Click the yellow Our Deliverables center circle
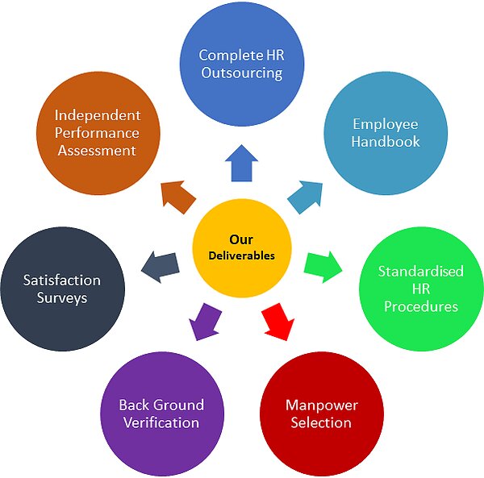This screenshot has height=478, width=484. click(242, 248)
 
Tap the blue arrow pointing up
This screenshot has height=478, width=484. click(241, 164)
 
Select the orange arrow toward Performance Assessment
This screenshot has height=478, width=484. click(177, 196)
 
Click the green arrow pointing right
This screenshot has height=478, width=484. click(323, 267)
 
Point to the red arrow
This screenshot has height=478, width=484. click(278, 322)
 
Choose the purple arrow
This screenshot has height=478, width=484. click(205, 322)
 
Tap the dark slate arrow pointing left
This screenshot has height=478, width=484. click(161, 267)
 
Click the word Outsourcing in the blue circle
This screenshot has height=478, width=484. click(242, 73)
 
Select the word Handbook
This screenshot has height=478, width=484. click(386, 142)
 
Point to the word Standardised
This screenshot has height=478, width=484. click(421, 272)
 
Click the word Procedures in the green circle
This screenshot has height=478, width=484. click(421, 306)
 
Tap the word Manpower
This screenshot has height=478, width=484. click(322, 405)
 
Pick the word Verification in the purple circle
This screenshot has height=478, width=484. click(161, 422)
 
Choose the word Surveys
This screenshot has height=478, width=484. click(62, 298)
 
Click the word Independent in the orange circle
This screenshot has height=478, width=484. click(98, 115)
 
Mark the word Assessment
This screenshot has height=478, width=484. click(97, 151)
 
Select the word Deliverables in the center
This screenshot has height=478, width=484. click(242, 256)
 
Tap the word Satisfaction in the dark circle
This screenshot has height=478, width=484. click(62, 281)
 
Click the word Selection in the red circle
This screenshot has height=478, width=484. click(321, 422)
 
